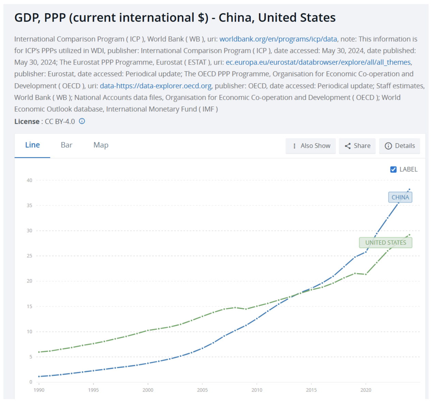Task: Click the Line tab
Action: tap(32, 145)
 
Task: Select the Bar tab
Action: tap(66, 145)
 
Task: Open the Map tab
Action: tap(101, 145)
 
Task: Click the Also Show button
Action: tap(310, 146)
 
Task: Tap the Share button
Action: tap(357, 146)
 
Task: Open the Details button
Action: tap(399, 146)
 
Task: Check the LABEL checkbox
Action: tap(393, 169)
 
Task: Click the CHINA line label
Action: tap(400, 197)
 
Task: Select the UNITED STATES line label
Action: tap(385, 243)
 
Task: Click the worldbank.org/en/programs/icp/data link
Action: tap(278, 39)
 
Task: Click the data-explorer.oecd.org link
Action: tap(156, 86)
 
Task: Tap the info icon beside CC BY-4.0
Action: tap(82, 121)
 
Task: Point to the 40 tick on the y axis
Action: tap(29, 180)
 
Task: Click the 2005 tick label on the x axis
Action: tap(202, 390)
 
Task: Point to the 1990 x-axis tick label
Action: tap(39, 390)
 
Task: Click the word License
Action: tap(27, 121)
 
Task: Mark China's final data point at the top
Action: tap(410, 189)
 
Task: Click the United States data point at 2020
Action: tap(366, 274)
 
